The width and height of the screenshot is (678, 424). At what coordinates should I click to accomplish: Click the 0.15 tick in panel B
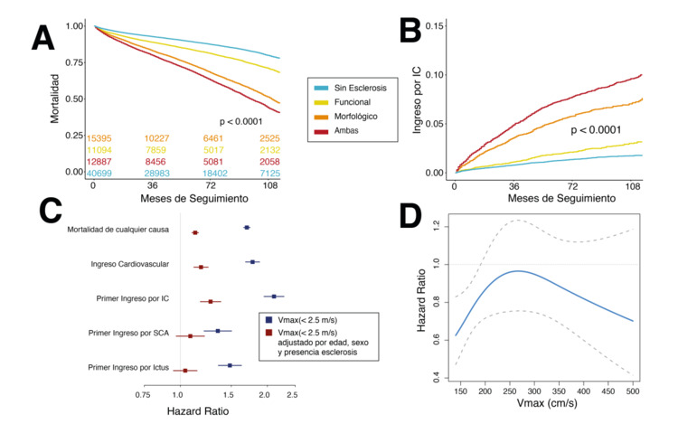[435, 25]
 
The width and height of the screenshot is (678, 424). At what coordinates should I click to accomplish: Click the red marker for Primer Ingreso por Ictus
[185, 370]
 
